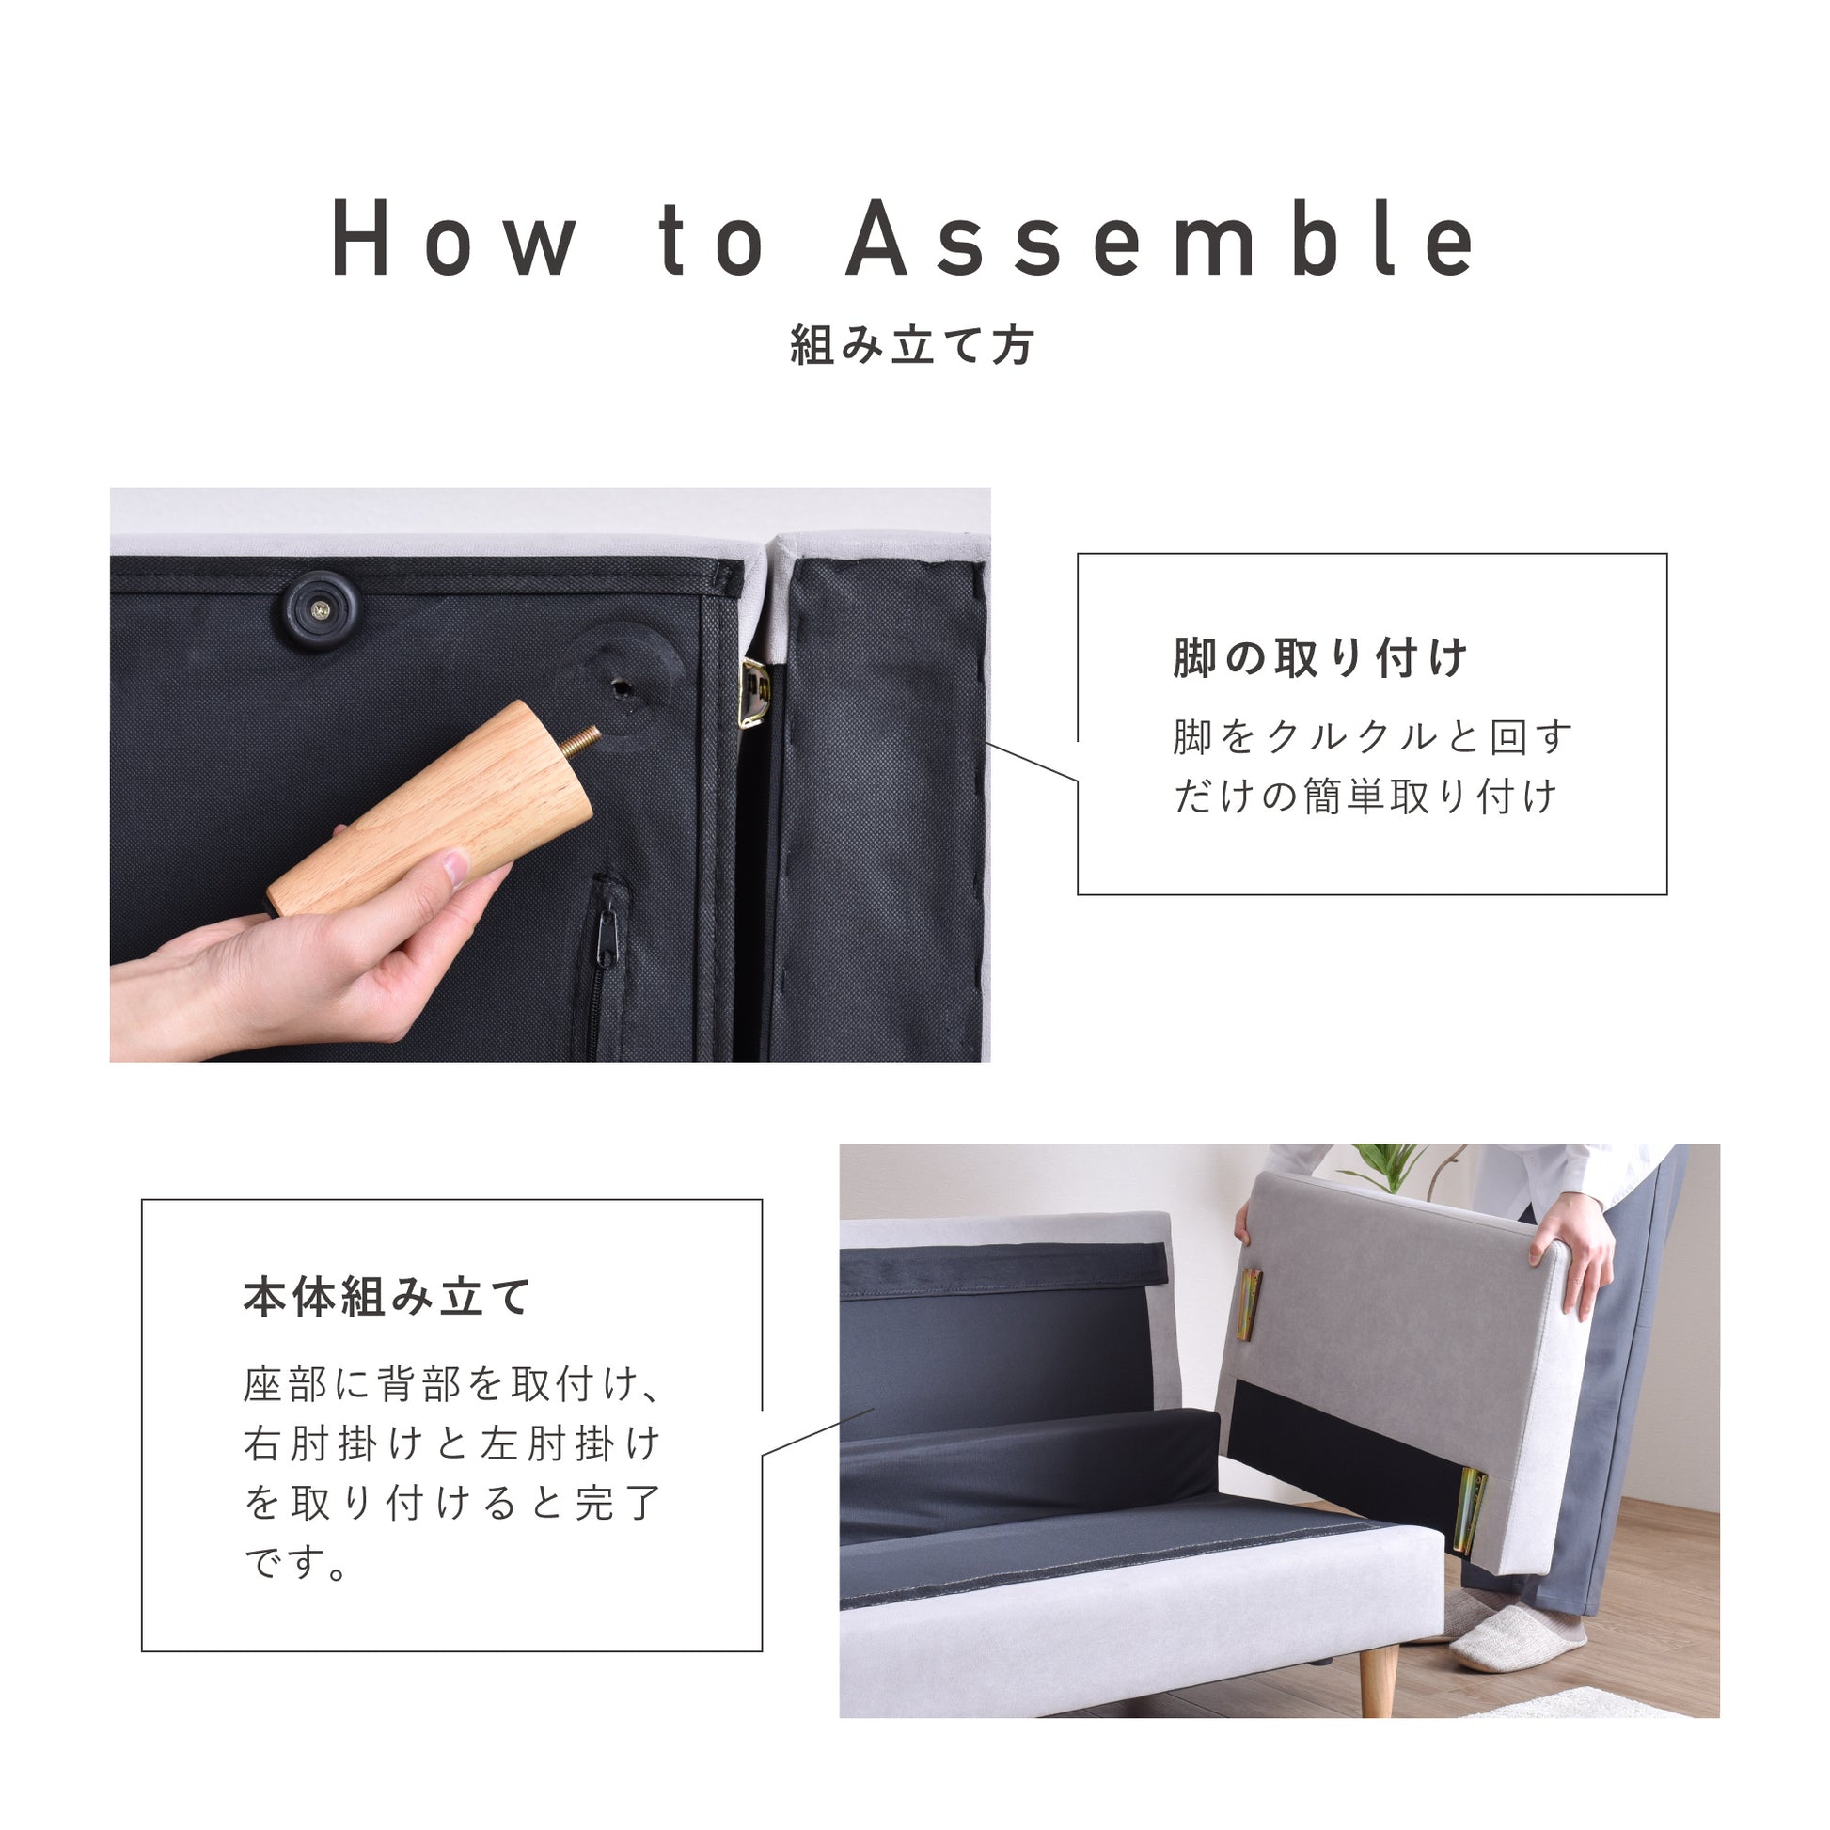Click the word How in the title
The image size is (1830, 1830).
[454, 239]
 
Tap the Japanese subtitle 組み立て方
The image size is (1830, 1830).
[913, 346]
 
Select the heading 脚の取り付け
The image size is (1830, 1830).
[1320, 658]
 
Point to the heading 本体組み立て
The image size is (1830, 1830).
[387, 1297]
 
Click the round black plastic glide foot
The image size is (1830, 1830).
[323, 609]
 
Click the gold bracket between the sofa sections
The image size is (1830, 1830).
[755, 692]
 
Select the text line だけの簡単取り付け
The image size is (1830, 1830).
[1365, 797]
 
